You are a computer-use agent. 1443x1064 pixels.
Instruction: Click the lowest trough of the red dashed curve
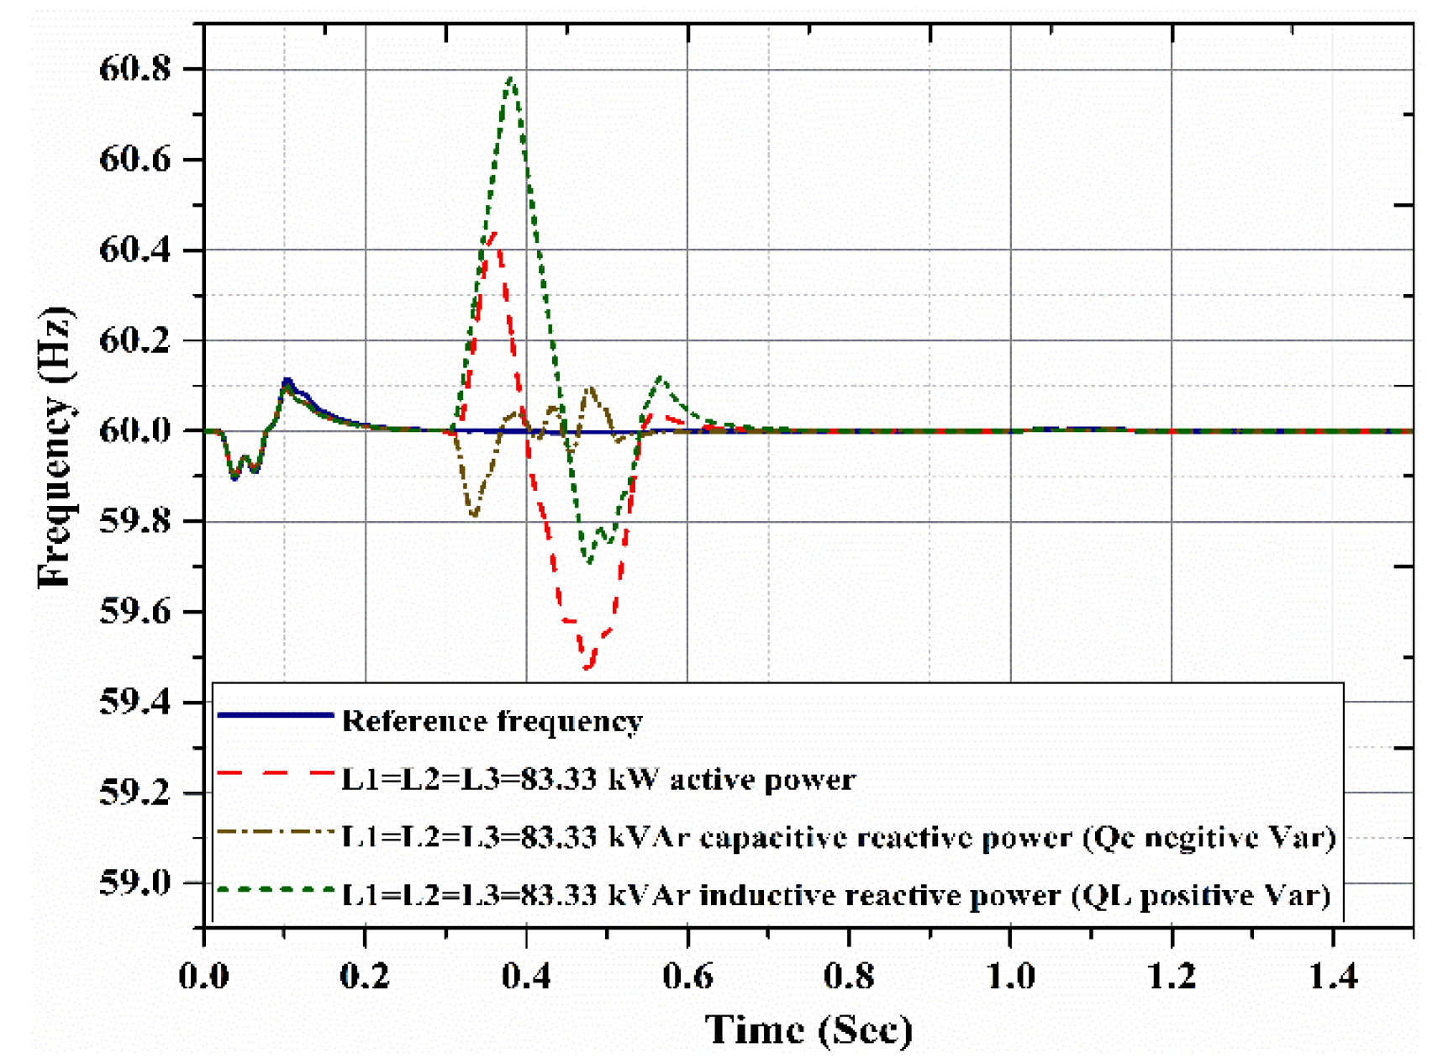click(587, 667)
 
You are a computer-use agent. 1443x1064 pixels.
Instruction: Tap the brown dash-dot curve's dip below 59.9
click(474, 515)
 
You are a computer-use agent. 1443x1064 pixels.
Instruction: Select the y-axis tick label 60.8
click(134, 69)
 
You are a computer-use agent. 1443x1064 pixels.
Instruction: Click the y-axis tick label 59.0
click(134, 882)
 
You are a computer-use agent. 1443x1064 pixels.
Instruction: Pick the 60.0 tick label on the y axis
click(134, 431)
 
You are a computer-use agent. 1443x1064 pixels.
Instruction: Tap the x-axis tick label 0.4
click(526, 977)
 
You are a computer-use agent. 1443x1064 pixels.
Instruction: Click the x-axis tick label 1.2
click(1172, 977)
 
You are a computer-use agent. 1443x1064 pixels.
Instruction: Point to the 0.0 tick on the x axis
click(204, 977)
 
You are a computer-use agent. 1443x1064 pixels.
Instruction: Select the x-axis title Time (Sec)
click(808, 1030)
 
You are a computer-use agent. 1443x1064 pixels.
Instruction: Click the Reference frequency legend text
click(492, 721)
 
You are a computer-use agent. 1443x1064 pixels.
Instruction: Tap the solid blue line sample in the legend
click(276, 715)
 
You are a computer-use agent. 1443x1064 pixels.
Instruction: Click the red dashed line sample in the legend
click(276, 772)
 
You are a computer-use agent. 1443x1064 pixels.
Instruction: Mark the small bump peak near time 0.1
click(287, 382)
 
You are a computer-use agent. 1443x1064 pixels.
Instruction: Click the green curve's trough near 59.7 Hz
click(589, 561)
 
